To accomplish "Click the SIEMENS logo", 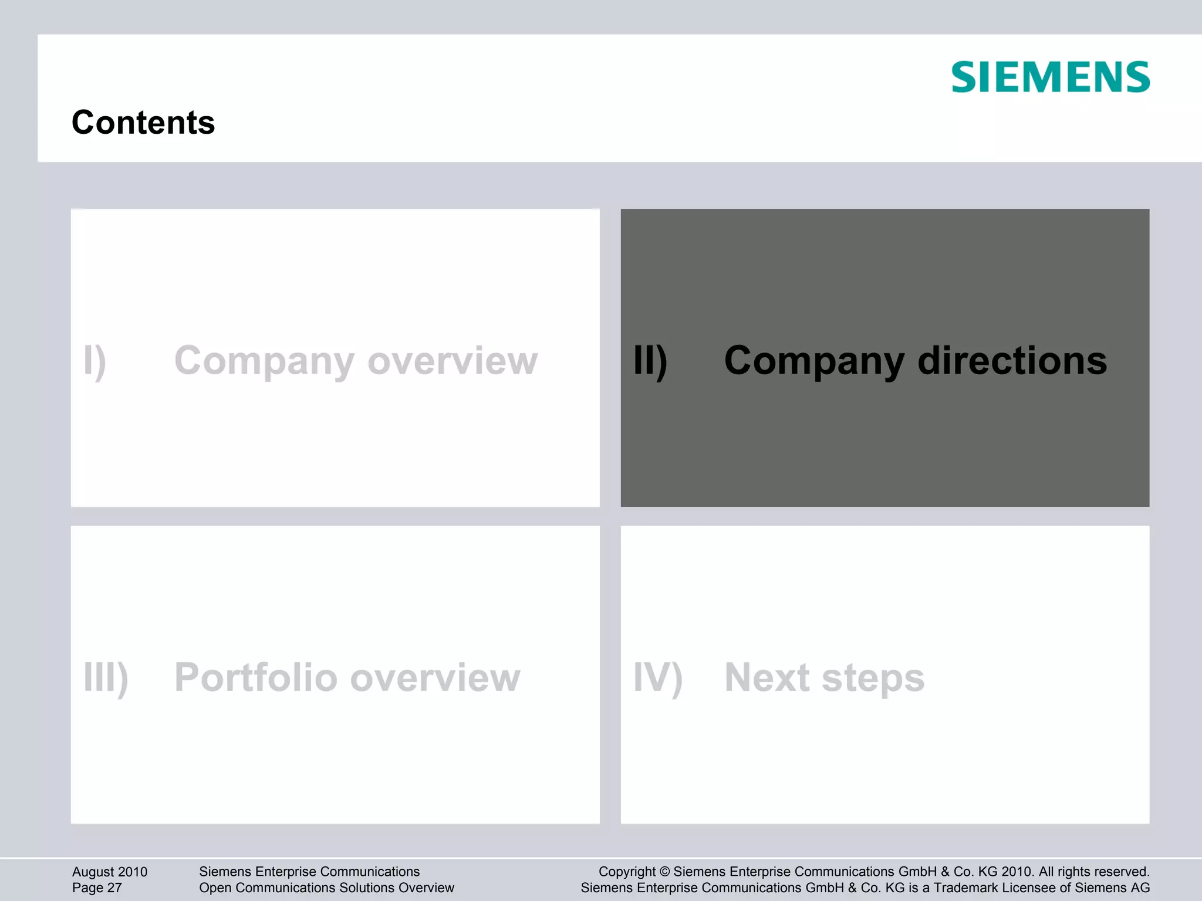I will pyautogui.click(x=1050, y=77).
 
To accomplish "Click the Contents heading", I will pyautogui.click(x=143, y=123).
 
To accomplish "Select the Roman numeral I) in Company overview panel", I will pyautogui.click(x=94, y=361).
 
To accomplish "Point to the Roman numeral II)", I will pyautogui.click(x=650, y=361).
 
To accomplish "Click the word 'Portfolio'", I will pyautogui.click(x=255, y=677).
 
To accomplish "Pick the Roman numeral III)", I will pyautogui.click(x=106, y=678).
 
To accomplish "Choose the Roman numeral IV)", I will pyautogui.click(x=658, y=678).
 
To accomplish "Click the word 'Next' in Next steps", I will pyautogui.click(x=767, y=677).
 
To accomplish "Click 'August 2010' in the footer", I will pyautogui.click(x=110, y=872).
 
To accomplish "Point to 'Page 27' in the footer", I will pyautogui.click(x=97, y=888).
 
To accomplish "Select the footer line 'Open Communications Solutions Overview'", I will pyautogui.click(x=326, y=888).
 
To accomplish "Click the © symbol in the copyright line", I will pyautogui.click(x=664, y=872).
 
